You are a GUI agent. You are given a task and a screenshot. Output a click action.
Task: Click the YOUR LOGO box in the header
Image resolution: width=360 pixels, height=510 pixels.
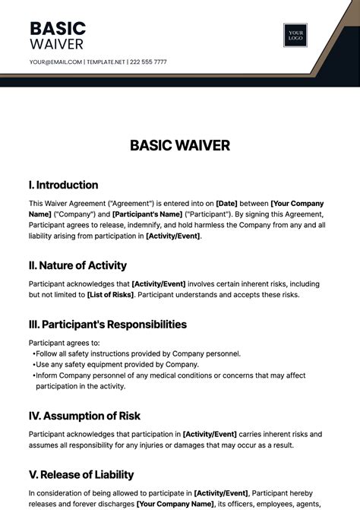click(x=295, y=36)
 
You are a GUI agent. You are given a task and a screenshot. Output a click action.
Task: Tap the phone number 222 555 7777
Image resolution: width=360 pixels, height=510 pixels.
click(x=148, y=62)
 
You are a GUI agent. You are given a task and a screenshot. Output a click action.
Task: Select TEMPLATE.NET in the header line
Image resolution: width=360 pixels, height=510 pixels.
click(x=106, y=62)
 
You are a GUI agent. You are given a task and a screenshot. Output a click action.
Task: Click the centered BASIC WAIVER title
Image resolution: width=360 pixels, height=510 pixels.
click(x=180, y=144)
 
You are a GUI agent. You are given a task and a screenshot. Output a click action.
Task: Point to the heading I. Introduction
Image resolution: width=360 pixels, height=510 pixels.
click(x=63, y=185)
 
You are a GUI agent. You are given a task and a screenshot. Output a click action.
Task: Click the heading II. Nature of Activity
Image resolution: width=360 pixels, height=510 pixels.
click(x=77, y=265)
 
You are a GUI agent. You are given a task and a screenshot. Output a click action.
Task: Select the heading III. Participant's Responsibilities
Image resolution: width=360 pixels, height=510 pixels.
click(x=107, y=324)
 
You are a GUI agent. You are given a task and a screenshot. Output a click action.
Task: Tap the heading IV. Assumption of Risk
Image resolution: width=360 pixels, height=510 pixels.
click(x=84, y=416)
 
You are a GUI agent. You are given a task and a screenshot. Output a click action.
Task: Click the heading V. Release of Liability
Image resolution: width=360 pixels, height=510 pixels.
click(x=81, y=474)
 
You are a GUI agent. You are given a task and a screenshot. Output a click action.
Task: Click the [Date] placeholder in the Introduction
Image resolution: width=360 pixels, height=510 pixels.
click(x=227, y=204)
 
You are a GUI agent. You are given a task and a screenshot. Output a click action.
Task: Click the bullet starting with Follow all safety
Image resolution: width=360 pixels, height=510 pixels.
click(x=138, y=353)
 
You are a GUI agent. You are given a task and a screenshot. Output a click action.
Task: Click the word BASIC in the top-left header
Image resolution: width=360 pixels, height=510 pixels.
click(x=58, y=29)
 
